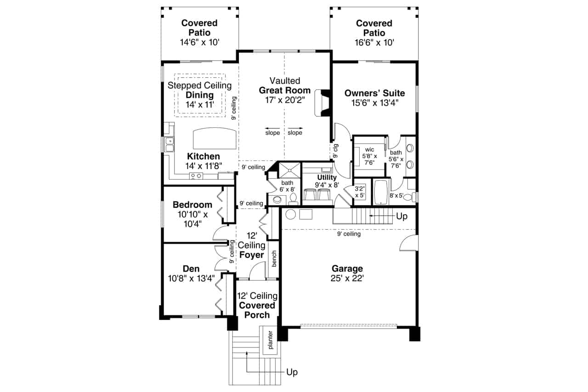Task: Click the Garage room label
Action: point(348,268)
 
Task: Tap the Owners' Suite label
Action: point(375,93)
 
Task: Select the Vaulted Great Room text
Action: point(285,85)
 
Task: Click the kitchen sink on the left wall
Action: point(169,144)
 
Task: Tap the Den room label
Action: point(191,268)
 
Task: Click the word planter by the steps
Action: point(271,341)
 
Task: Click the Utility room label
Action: point(327,177)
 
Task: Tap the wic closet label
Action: point(369,149)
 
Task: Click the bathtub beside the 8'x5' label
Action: point(381,192)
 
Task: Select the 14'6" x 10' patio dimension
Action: point(199,42)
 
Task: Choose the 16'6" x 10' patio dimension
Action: point(374,42)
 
